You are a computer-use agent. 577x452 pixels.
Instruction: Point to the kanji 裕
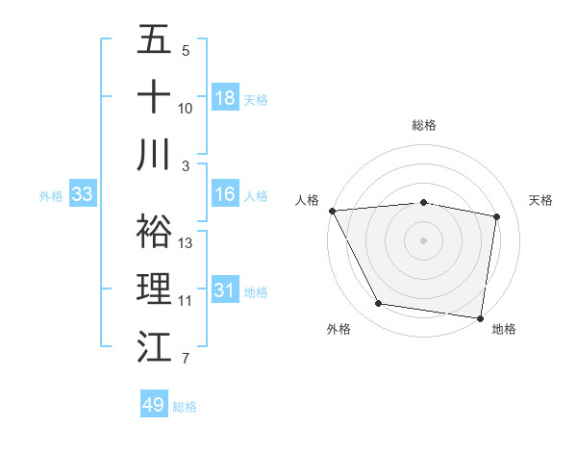(154, 231)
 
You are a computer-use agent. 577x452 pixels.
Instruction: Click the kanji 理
(154, 289)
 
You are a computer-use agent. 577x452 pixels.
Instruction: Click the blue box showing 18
(224, 98)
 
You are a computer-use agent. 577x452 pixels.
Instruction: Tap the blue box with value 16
(224, 194)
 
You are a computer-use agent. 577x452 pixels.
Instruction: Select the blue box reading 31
(224, 290)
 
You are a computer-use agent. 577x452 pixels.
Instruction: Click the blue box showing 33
(82, 194)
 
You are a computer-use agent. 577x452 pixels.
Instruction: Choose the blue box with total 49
(154, 405)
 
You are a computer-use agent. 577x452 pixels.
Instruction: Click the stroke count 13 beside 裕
(186, 243)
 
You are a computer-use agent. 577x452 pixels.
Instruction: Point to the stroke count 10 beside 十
(186, 109)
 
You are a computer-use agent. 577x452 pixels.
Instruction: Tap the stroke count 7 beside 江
(186, 360)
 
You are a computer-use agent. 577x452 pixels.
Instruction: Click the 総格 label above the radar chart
(424, 125)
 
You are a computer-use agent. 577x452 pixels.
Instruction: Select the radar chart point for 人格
(332, 210)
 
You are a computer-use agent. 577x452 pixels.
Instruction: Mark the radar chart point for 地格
(480, 317)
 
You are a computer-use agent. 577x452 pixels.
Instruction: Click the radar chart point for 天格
(496, 216)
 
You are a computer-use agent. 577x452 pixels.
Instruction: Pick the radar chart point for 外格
(379, 304)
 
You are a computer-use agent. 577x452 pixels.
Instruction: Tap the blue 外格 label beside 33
(50, 195)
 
